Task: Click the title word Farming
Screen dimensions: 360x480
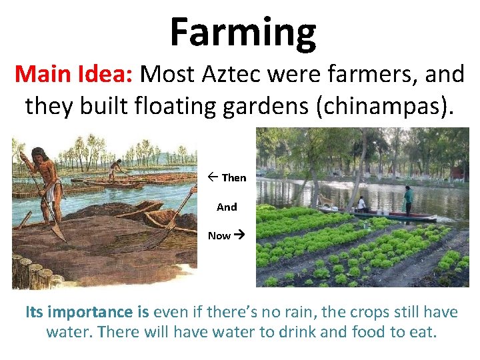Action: [243, 33]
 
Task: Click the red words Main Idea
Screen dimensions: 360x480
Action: [74, 75]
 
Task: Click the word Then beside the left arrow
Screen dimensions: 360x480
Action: [233, 178]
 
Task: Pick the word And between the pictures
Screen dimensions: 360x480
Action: [227, 207]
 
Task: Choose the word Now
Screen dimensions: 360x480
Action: [219, 235]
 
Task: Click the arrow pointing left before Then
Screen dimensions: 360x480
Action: [212, 178]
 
